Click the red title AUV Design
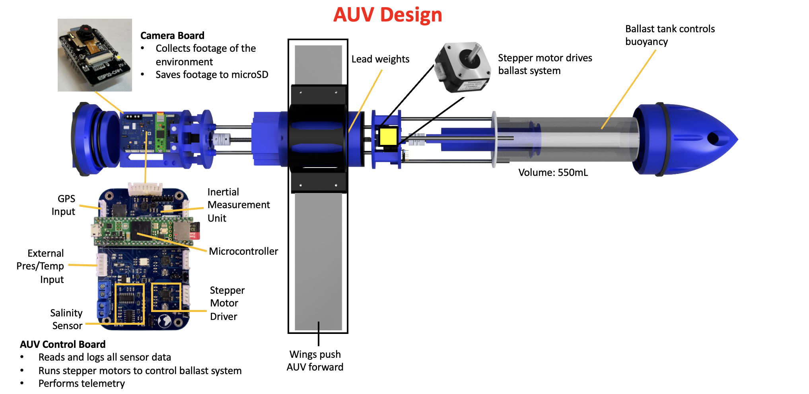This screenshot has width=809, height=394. point(387,15)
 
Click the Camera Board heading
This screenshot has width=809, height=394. point(172,35)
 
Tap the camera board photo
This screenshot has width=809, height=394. point(95,55)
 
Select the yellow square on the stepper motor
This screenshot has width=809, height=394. point(388,137)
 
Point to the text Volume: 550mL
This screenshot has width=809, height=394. point(553,172)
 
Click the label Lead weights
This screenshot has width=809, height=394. point(380,59)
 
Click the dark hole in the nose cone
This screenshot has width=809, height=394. point(713,138)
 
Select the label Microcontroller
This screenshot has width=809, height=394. point(243,251)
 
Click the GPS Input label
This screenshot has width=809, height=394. point(64,205)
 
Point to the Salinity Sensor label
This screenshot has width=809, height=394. point(67,319)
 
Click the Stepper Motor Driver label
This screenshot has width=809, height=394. point(227,303)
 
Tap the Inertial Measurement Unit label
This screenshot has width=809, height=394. point(238,205)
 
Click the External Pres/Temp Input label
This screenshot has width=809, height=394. point(41,266)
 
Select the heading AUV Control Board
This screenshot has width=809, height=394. point(63,344)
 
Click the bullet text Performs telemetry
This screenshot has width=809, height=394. point(82,383)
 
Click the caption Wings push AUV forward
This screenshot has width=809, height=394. point(315,361)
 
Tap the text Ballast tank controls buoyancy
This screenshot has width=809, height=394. point(669,35)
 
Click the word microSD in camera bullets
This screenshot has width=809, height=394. point(250,74)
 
